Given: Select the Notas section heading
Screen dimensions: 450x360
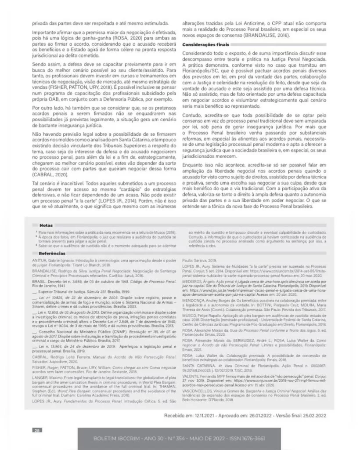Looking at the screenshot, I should (x=46, y=225).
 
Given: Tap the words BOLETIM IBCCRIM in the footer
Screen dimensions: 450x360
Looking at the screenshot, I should (x=120, y=439).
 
